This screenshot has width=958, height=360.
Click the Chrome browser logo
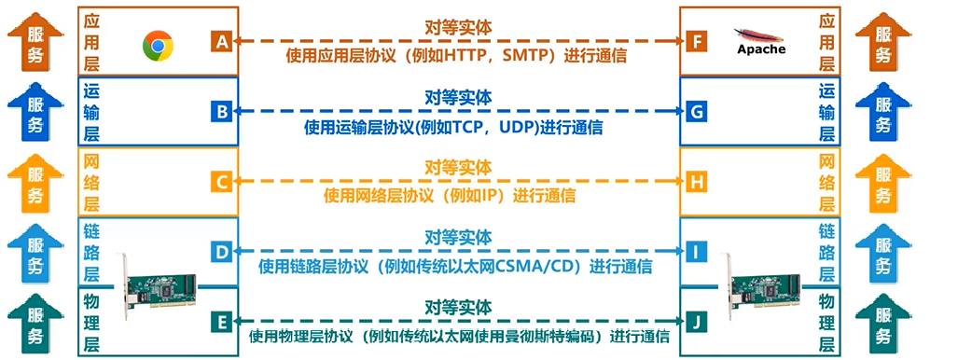[x=159, y=44]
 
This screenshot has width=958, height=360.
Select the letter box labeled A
[x=221, y=42]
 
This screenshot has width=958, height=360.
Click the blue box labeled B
[x=221, y=112]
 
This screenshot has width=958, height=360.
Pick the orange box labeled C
[x=221, y=182]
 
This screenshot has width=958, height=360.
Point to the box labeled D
[x=221, y=252]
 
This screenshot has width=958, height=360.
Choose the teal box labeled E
[x=221, y=322]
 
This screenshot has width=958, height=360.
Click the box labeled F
[x=695, y=42]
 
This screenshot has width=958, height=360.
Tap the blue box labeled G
[x=695, y=112]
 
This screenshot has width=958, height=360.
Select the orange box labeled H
[x=695, y=182]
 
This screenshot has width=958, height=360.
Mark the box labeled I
[x=695, y=252]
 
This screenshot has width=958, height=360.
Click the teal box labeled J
[x=695, y=322]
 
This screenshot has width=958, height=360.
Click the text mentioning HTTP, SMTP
[x=457, y=56]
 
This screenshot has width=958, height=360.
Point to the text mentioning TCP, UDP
[x=457, y=127]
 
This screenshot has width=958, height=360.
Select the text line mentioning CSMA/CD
[x=457, y=267]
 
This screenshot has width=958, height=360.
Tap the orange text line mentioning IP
[x=457, y=197]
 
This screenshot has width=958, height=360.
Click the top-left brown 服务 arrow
[x=35, y=42]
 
